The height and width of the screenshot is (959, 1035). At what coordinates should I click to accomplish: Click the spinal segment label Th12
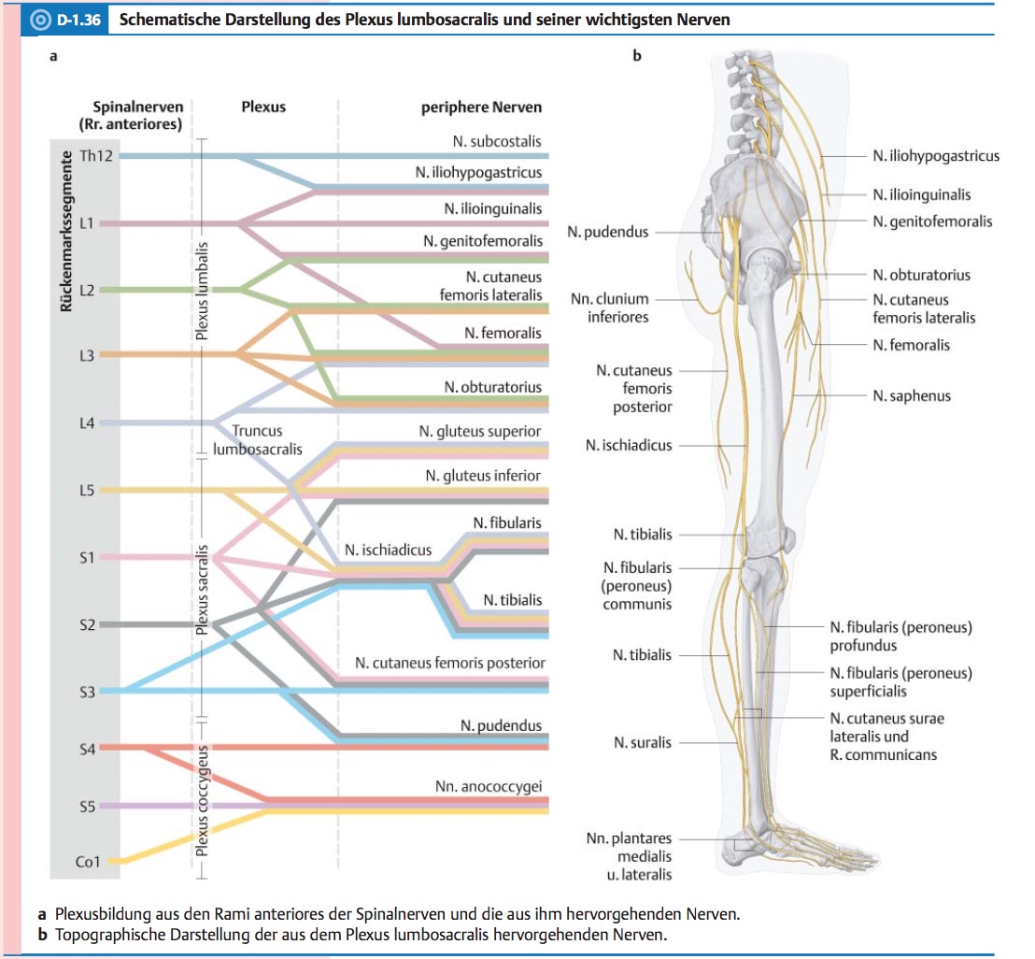point(96,155)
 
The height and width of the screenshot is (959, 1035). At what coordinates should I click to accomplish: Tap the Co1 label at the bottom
point(87,862)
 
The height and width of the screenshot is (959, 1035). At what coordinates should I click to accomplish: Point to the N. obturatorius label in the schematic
point(492,386)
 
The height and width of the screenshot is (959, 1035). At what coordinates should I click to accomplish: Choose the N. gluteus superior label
point(480,431)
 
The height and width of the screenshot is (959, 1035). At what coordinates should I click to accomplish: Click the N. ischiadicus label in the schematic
point(388,550)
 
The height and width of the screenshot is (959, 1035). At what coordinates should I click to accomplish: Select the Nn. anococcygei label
point(488,787)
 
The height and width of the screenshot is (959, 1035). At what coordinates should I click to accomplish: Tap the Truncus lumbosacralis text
point(257,440)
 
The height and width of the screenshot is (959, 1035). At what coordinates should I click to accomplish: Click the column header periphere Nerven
point(481,107)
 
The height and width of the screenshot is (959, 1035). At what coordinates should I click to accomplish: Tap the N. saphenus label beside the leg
point(911,395)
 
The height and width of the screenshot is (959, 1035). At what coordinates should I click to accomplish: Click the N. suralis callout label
point(642,742)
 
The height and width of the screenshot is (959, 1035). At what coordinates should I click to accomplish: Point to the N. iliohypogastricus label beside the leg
point(935,155)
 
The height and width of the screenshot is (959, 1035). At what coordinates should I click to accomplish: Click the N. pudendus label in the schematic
point(501,725)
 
